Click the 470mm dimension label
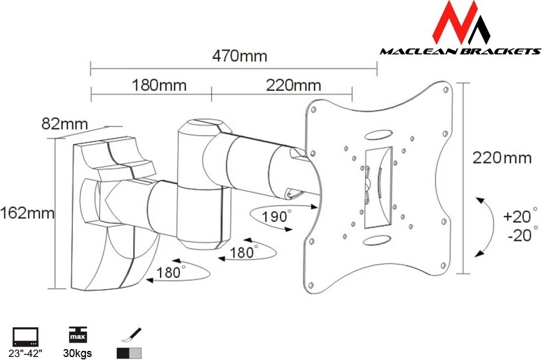pyautogui.click(x=239, y=56)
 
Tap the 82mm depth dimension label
pyautogui.click(x=64, y=123)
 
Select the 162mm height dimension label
pyautogui.click(x=27, y=213)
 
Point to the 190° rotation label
pyautogui.click(x=276, y=216)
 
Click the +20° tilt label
pyautogui.click(x=520, y=216)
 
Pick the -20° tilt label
pyautogui.click(x=520, y=235)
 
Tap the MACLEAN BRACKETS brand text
pyautogui.click(x=460, y=51)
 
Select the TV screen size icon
pyautogui.click(x=26, y=336)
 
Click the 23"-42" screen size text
pyautogui.click(x=26, y=353)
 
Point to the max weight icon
pyautogui.click(x=78, y=335)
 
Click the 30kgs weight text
pyautogui.click(x=78, y=353)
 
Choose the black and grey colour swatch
pyautogui.click(x=128, y=353)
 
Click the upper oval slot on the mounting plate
pyautogui.click(x=379, y=133)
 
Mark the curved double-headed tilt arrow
pyautogui.click(x=484, y=225)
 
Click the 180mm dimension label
pyautogui.click(x=159, y=85)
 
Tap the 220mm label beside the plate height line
pyautogui.click(x=495, y=159)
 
